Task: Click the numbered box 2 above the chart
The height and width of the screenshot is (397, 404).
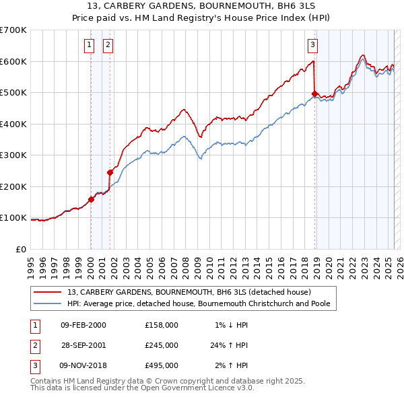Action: (x=108, y=46)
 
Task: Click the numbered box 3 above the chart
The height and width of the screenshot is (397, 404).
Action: (x=313, y=46)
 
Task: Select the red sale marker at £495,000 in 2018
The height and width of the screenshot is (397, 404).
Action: (x=314, y=94)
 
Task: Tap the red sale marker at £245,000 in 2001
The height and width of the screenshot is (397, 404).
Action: (x=110, y=172)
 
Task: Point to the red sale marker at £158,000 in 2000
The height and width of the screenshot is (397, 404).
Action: (x=91, y=199)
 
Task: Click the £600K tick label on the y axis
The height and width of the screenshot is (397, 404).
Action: (x=13, y=61)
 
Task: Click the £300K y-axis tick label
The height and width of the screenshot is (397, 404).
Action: (x=13, y=155)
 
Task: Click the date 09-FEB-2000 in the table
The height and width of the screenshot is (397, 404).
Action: (x=83, y=325)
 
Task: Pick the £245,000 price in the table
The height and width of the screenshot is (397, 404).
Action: (x=162, y=345)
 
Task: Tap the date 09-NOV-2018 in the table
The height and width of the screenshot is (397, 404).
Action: (x=83, y=365)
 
